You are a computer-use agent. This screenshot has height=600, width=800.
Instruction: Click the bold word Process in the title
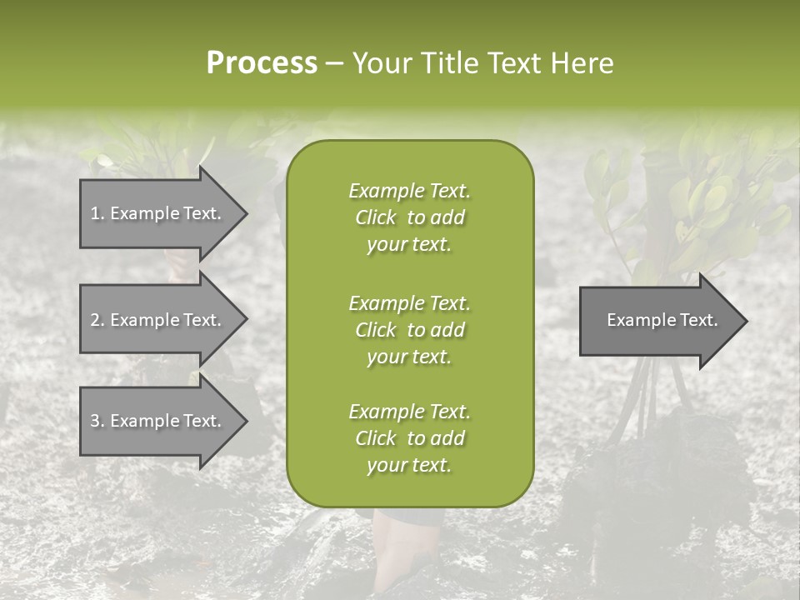tap(262, 63)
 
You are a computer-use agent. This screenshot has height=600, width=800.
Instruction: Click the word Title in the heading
tap(448, 63)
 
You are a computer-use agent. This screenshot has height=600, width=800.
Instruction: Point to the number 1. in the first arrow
tap(97, 213)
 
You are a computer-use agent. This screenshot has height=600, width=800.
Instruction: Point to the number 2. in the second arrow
tap(97, 320)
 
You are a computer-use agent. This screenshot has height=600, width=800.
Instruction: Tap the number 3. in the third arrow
tap(97, 421)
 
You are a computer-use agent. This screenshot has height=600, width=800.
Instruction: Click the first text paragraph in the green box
tap(409, 217)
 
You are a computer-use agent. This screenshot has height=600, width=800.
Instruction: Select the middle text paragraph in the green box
tap(409, 329)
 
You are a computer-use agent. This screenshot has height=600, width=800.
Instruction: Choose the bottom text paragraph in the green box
tap(409, 438)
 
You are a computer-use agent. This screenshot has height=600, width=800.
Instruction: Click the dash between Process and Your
tap(334, 64)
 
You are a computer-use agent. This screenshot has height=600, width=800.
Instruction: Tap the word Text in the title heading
tap(517, 63)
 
